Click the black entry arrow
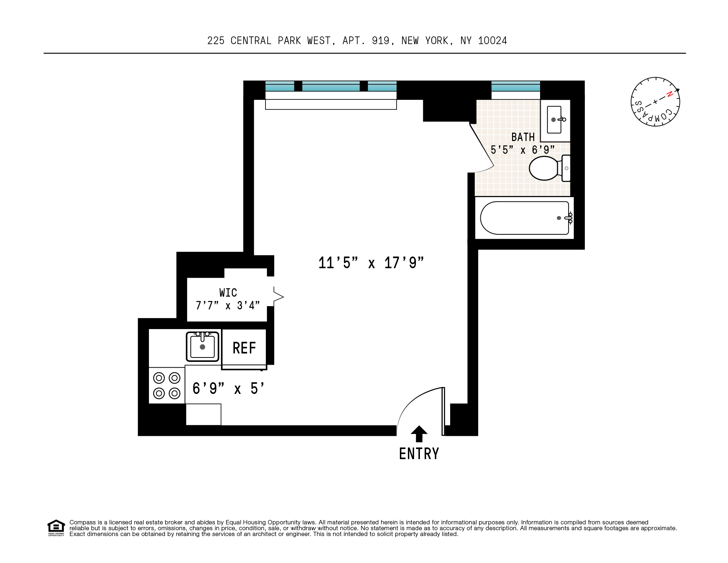(x=419, y=434)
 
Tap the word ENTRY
(x=419, y=454)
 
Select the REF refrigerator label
(x=244, y=348)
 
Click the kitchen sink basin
(x=202, y=347)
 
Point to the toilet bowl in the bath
(x=544, y=168)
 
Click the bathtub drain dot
(x=559, y=218)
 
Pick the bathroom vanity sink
(x=554, y=120)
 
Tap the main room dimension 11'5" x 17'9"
(x=371, y=263)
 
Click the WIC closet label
(x=228, y=293)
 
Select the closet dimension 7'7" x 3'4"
(x=228, y=305)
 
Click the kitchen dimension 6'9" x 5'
(x=228, y=389)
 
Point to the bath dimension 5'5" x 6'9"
(x=522, y=150)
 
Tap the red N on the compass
(x=669, y=94)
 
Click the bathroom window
(x=515, y=87)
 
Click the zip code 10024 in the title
(x=492, y=41)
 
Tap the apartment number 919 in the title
(x=381, y=41)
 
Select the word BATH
(x=523, y=137)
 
